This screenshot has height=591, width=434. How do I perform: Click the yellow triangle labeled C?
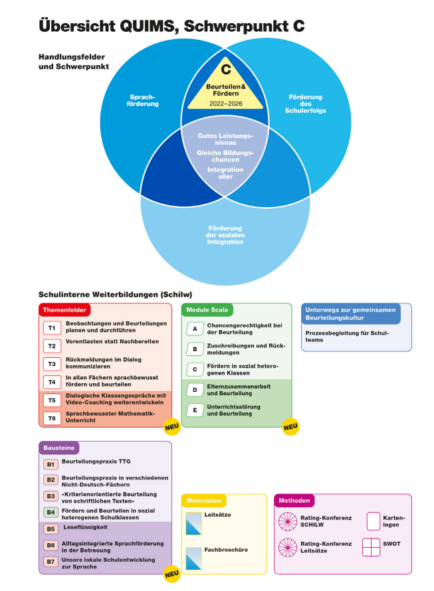pos(225,88)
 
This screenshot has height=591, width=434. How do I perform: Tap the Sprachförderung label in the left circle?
pos(143,100)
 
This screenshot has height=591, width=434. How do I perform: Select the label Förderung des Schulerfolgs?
pos(305,104)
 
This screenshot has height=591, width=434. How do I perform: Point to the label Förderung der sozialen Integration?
pos(225,235)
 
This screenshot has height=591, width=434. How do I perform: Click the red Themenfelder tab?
pos(64,310)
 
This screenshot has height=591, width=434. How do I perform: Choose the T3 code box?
pos(52,364)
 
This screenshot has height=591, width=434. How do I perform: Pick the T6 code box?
pos(52,418)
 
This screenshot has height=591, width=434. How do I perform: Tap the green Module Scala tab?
pos(207,310)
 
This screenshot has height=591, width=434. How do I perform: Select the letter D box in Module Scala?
pos(195,390)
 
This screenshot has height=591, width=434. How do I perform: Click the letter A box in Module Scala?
pos(195,329)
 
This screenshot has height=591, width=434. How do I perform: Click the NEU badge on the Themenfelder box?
pos(171,427)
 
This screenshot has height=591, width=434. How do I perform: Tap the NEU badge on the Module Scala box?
pos(290,427)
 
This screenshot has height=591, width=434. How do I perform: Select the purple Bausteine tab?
pos(59,448)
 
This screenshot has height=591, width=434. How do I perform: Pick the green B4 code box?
pos(51,513)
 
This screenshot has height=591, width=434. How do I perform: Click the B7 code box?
pos(51,562)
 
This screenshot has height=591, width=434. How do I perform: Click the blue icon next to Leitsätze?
pos(193,523)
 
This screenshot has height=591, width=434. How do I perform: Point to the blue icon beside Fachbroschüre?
pos(193,558)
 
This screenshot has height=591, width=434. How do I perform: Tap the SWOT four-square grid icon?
pos(371,547)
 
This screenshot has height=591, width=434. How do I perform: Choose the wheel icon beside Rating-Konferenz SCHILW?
pos(288,521)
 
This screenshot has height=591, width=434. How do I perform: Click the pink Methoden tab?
pos(294,501)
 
